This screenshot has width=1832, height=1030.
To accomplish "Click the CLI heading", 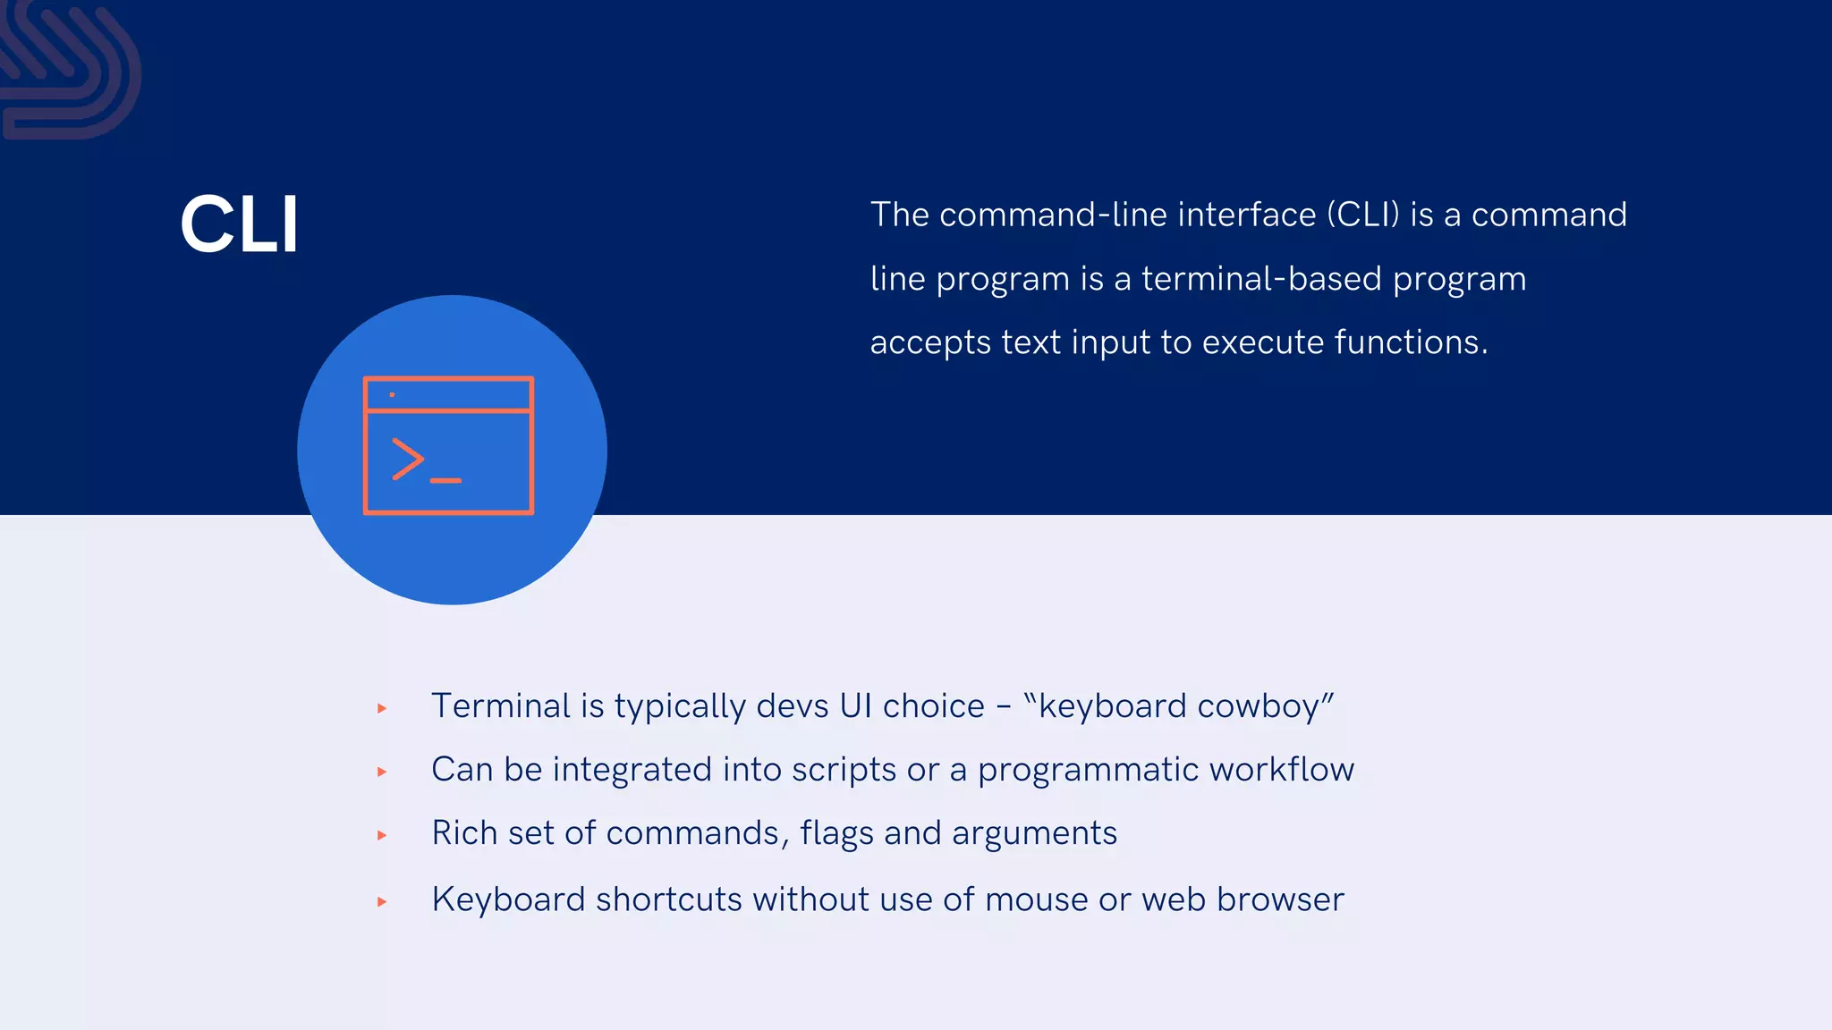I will [239, 224].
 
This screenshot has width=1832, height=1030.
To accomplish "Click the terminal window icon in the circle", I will [448, 445].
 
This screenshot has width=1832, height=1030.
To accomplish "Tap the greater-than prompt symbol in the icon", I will [407, 460].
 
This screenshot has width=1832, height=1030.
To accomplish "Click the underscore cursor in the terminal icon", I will [445, 481].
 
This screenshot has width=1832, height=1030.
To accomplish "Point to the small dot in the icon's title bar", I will [392, 394].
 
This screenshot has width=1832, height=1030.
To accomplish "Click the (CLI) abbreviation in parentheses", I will [1362, 215].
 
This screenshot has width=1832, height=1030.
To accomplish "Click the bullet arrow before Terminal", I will [382, 708].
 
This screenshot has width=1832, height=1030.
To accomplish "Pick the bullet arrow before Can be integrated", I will [382, 772].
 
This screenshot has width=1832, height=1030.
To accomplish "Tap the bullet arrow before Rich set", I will [382, 835].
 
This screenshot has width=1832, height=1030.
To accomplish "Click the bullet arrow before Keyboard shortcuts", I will [382, 901].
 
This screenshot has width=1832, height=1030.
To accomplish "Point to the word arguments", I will [1034, 834].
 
